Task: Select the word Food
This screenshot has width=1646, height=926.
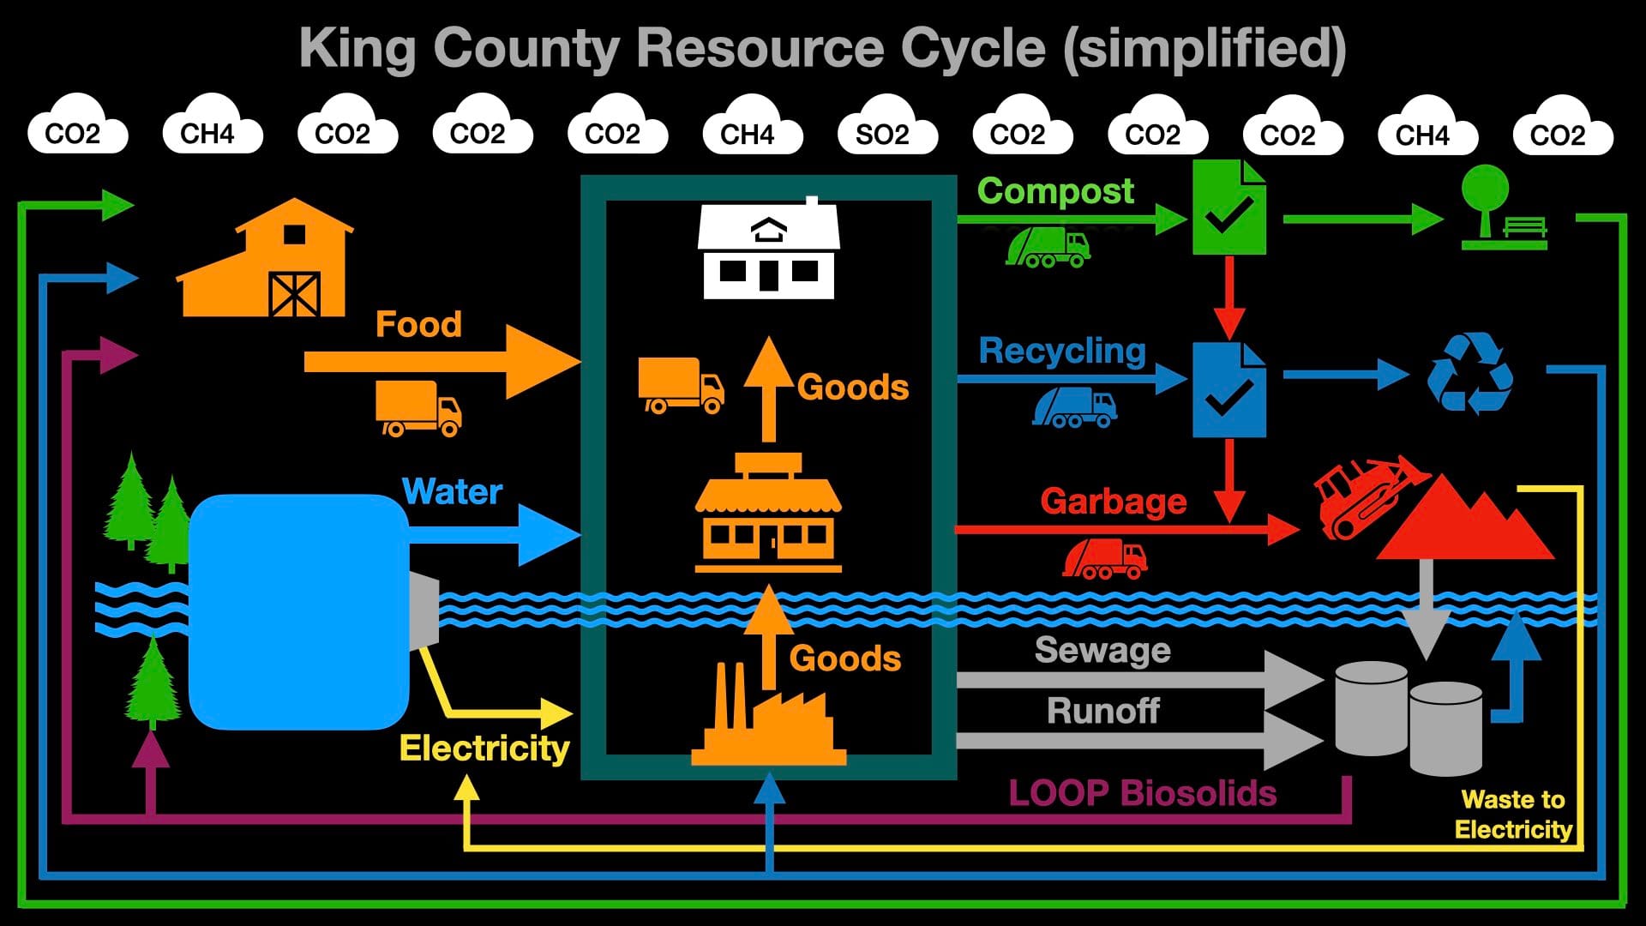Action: (x=418, y=324)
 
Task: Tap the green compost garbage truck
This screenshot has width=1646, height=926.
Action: (x=1048, y=247)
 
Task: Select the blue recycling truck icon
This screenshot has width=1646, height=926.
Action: (x=1075, y=407)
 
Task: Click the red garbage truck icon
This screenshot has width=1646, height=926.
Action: (x=1105, y=558)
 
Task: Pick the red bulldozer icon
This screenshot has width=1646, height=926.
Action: (x=1363, y=497)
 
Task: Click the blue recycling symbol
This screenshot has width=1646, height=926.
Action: (x=1469, y=373)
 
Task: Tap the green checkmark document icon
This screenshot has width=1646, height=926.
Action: (x=1229, y=207)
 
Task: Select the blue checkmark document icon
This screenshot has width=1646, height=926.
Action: (x=1229, y=390)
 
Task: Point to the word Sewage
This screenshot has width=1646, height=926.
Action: (x=1102, y=650)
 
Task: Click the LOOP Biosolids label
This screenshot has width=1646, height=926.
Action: (x=1142, y=793)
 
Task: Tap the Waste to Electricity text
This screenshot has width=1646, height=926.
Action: (x=1513, y=815)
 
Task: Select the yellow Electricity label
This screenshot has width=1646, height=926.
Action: (x=484, y=748)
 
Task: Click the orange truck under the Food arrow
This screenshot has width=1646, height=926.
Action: (x=418, y=408)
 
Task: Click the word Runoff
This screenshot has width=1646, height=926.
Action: (x=1102, y=711)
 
